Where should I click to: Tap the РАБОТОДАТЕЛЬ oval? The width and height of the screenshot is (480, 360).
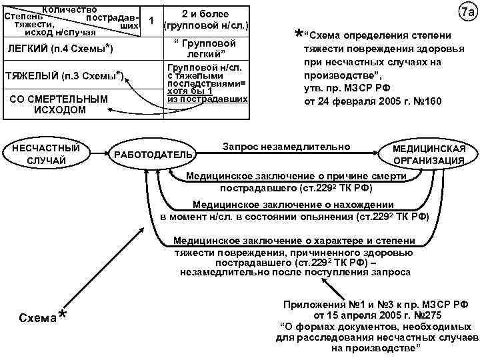pos(153,155)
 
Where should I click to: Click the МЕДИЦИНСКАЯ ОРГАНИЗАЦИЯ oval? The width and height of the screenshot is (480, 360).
pos(438,155)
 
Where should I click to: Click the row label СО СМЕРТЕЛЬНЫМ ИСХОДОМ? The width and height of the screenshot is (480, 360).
pos(59,104)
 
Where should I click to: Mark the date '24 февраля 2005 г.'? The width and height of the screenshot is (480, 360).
pos(360,103)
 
